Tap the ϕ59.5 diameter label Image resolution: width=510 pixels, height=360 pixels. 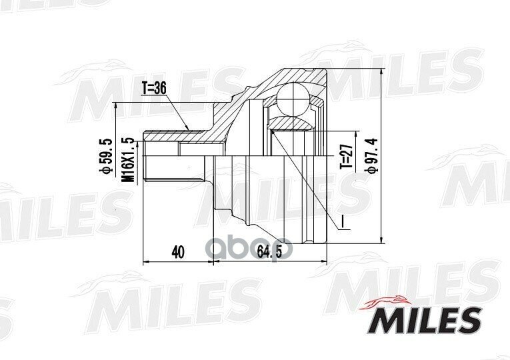coord(104,157)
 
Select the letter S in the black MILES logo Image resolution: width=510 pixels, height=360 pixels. coord(470,320)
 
